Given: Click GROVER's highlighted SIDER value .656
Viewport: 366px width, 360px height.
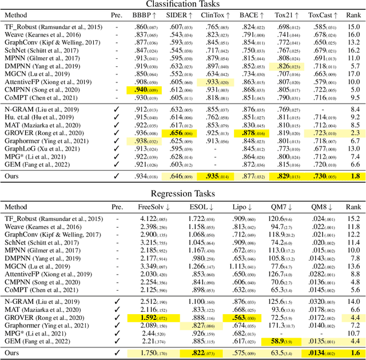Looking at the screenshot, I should (177, 133).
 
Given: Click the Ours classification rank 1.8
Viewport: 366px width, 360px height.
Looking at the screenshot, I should (354, 177).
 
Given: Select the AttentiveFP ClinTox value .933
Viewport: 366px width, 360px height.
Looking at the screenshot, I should (214, 82).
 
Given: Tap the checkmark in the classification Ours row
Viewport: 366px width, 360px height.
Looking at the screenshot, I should (117, 177).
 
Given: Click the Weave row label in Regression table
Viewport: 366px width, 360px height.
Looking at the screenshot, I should (41, 227).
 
